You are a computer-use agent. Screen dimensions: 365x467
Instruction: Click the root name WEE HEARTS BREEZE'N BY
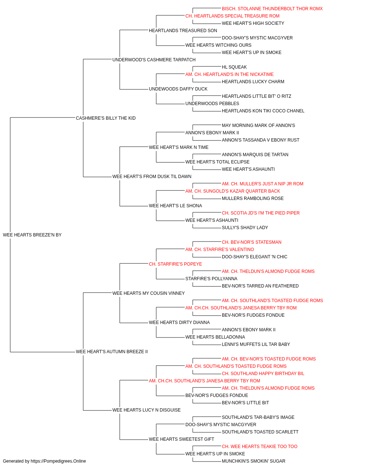(x=32, y=235)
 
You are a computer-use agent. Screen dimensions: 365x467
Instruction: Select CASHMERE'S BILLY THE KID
(x=106, y=118)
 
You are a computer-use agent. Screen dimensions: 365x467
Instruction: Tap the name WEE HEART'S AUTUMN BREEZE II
(x=112, y=352)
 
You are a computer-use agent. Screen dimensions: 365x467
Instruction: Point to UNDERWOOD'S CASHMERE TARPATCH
(x=154, y=60)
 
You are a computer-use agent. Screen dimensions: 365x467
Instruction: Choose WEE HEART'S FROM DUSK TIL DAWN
(x=152, y=177)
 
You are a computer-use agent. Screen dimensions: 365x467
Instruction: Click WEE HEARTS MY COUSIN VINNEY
(x=149, y=293)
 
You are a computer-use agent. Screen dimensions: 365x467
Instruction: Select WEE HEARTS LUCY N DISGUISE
(x=146, y=410)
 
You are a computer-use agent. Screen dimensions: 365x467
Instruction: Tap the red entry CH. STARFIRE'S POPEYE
(x=176, y=264)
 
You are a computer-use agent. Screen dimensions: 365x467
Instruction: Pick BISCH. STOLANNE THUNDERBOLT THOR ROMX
(x=272, y=9)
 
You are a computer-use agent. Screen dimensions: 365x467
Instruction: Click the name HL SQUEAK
(x=234, y=67)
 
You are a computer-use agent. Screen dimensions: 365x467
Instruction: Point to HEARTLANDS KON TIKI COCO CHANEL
(x=263, y=111)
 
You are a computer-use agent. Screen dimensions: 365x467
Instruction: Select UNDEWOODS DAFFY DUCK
(x=178, y=89)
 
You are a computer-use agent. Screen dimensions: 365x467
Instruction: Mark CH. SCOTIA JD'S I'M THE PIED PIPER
(x=261, y=213)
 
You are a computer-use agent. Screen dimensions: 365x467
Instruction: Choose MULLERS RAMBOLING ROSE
(x=253, y=198)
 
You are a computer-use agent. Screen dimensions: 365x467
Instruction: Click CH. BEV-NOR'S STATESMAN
(x=251, y=242)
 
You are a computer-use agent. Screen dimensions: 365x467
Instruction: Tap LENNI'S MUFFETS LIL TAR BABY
(x=256, y=344)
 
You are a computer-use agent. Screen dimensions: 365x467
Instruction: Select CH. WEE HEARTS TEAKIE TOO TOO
(x=260, y=446)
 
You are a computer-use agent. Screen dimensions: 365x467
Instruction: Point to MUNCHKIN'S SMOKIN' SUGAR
(x=254, y=461)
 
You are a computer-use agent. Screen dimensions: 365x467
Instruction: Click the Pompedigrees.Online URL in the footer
(x=58, y=461)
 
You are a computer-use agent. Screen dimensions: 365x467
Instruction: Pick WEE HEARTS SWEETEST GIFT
(x=181, y=439)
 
